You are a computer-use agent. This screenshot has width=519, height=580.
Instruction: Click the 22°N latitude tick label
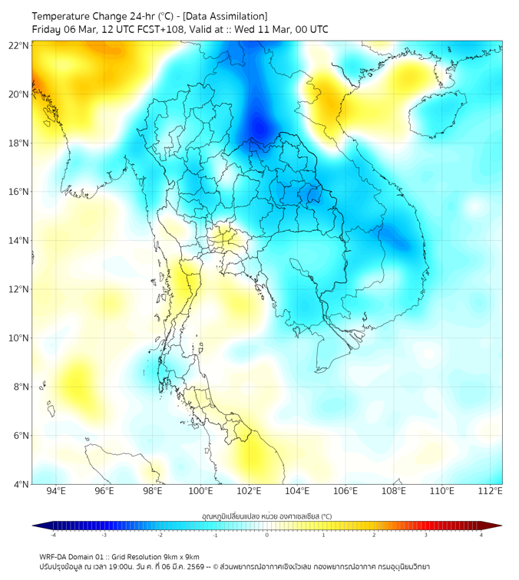[x=19, y=45]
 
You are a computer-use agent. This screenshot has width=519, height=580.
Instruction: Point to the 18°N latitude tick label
[x=19, y=143]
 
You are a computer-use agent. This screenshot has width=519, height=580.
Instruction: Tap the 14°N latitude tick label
[x=19, y=241]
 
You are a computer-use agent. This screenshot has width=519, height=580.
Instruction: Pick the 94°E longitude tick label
[x=56, y=491]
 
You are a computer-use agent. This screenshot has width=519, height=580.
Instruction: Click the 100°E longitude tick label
[x=200, y=491]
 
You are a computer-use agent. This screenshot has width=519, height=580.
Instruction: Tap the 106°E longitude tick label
[x=345, y=491]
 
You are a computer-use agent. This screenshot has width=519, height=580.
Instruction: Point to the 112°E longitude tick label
[x=491, y=491]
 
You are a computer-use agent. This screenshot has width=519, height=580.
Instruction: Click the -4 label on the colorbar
[x=52, y=535]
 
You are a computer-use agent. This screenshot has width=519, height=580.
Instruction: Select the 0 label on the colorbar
[x=267, y=535]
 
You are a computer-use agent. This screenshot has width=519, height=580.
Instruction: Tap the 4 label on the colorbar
[x=481, y=535]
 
